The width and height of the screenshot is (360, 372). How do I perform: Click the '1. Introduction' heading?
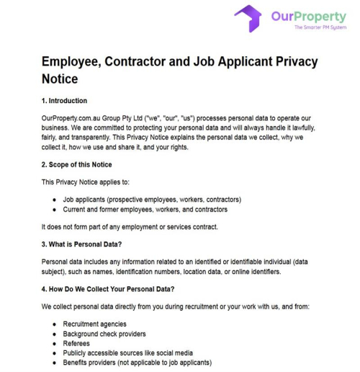pyautogui.click(x=64, y=101)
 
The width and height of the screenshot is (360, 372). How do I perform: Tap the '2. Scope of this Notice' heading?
pyautogui.click(x=77, y=164)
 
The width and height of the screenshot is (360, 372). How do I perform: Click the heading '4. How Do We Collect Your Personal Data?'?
pyautogui.click(x=109, y=289)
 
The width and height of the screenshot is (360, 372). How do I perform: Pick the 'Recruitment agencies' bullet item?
pyautogui.click(x=94, y=324)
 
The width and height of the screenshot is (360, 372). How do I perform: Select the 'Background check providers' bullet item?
pyautogui.click(x=104, y=334)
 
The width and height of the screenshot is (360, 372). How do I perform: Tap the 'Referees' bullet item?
pyautogui.click(x=78, y=344)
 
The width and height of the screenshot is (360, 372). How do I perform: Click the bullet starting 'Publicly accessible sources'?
pyautogui.click(x=128, y=353)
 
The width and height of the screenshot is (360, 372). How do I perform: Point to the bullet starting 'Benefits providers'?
pyautogui.click(x=138, y=363)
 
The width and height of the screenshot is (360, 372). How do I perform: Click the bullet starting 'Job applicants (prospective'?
pyautogui.click(x=152, y=199)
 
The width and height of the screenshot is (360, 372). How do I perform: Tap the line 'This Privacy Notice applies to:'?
pyautogui.click(x=89, y=182)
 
